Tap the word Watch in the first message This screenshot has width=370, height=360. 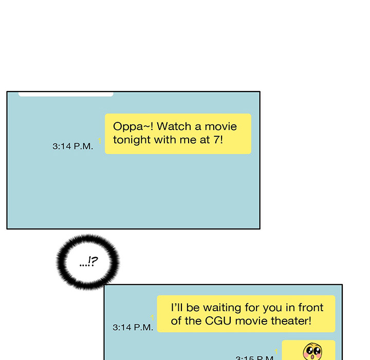174,127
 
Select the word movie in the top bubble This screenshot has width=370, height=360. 220,127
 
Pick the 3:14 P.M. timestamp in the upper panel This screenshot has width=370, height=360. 72,146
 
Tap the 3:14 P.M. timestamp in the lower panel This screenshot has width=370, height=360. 133,328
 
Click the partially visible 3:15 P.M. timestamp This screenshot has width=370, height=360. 255,357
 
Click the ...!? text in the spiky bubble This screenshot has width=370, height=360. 88,261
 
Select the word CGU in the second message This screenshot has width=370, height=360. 218,321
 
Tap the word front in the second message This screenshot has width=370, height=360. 310,308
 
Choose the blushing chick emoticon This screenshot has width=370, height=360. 312,351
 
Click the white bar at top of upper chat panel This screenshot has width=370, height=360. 66,94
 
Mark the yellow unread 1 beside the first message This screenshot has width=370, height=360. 100,141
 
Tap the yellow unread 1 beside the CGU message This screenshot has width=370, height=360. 152,318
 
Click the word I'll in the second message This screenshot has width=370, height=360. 177,308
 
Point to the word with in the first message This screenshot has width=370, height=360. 165,139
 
